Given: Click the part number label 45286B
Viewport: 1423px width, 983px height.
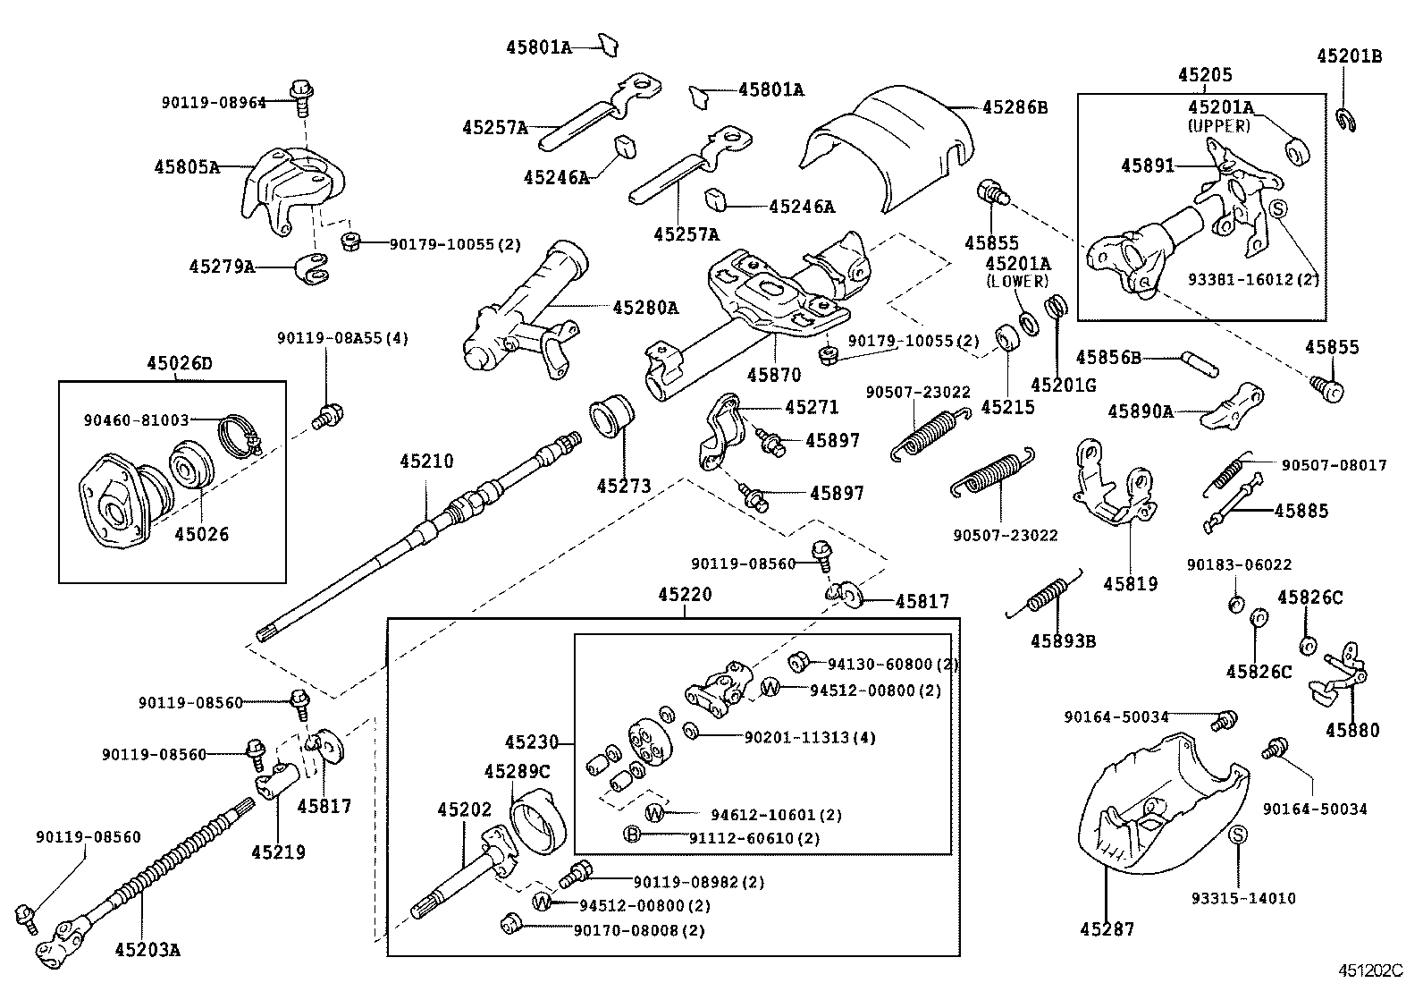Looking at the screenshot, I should [x=1015, y=107].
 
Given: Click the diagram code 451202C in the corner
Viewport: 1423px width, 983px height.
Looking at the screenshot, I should [x=1370, y=970].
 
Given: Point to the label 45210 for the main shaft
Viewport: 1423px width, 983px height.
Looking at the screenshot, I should [x=426, y=462].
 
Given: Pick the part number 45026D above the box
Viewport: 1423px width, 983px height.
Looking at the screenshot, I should [x=180, y=363].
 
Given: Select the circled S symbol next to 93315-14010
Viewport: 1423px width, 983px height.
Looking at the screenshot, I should [x=1238, y=835].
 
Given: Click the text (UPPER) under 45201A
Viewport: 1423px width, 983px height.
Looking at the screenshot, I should [x=1219, y=126].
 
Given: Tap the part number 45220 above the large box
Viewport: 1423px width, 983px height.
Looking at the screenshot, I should [x=685, y=594].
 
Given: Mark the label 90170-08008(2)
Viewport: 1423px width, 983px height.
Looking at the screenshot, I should [x=639, y=930].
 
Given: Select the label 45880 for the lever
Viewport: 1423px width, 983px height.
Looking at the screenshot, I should [x=1352, y=730].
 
